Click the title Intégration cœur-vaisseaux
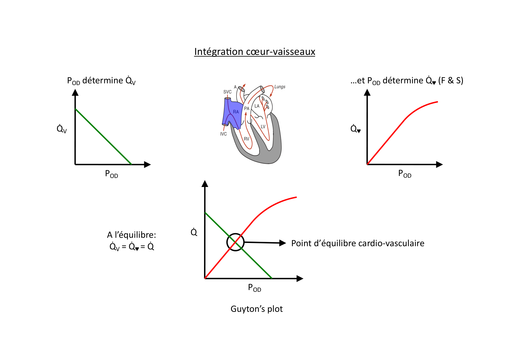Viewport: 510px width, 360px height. click(x=255, y=52)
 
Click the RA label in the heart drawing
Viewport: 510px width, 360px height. click(x=236, y=112)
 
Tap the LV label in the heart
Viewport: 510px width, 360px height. click(x=263, y=127)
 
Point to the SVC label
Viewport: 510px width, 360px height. click(x=227, y=92)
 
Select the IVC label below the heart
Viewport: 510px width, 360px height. click(x=223, y=134)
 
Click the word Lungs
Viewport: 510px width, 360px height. click(x=280, y=87)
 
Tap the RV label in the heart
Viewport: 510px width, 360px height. click(x=246, y=139)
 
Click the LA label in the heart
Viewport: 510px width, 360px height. click(x=257, y=106)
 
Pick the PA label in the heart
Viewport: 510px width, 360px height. click(x=247, y=108)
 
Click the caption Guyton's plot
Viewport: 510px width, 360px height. click(x=256, y=309)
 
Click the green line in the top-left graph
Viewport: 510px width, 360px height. click(x=103, y=136)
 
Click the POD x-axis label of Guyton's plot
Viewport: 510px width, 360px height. click(x=254, y=287)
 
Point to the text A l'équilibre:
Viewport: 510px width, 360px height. click(x=131, y=235)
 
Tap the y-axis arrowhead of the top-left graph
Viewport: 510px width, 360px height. click(x=75, y=92)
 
